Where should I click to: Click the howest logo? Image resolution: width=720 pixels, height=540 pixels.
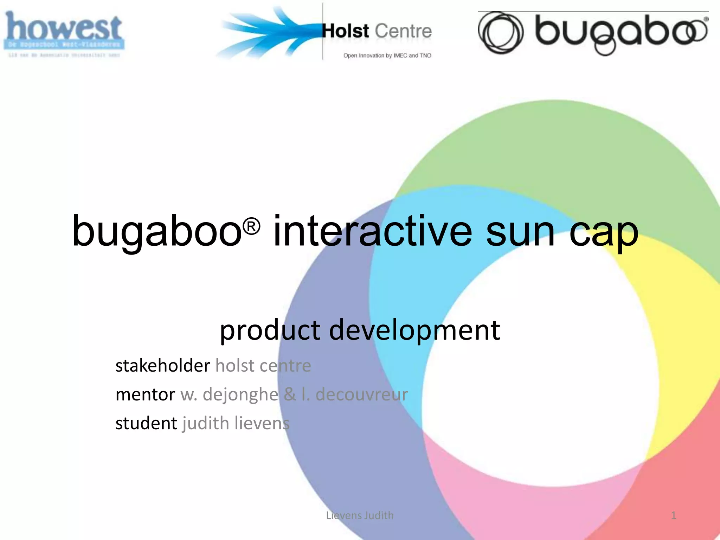point(64,34)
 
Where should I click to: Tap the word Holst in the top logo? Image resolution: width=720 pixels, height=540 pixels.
point(346,31)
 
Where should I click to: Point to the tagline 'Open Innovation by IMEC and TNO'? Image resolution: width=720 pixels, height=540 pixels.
point(387,56)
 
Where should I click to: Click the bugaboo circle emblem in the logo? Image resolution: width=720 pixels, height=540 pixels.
point(501,33)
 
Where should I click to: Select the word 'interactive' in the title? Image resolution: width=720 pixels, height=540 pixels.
point(373,231)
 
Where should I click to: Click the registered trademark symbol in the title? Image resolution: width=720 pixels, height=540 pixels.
point(251,226)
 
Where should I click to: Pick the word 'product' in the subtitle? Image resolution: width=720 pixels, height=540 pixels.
point(270,330)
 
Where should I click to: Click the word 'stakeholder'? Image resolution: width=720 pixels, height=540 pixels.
point(163,366)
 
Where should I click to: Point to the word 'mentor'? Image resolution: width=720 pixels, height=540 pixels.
point(145,394)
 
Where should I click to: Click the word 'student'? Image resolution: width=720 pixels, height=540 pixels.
point(146,423)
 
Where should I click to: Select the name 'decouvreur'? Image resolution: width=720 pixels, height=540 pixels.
point(362,394)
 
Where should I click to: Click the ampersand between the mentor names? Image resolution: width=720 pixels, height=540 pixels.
point(290,394)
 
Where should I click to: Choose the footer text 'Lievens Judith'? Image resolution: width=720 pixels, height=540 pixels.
point(360,515)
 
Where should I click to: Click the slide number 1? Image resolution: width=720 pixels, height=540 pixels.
point(674,515)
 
